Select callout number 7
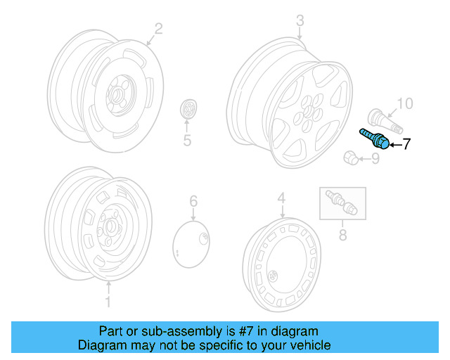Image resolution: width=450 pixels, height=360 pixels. click(406, 146)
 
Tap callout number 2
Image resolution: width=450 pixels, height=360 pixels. click(158, 29)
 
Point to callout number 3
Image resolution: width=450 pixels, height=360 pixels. click(300, 21)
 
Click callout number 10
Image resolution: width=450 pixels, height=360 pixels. click(406, 105)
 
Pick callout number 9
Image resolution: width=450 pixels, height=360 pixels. click(375, 159)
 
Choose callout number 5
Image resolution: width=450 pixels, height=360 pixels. click(187, 141)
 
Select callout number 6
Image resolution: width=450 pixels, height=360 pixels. click(193, 203)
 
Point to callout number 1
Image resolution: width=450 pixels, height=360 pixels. click(108, 302)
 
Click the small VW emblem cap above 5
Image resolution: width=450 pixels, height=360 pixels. click(189, 110)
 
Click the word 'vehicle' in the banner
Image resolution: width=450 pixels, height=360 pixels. click(309, 345)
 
